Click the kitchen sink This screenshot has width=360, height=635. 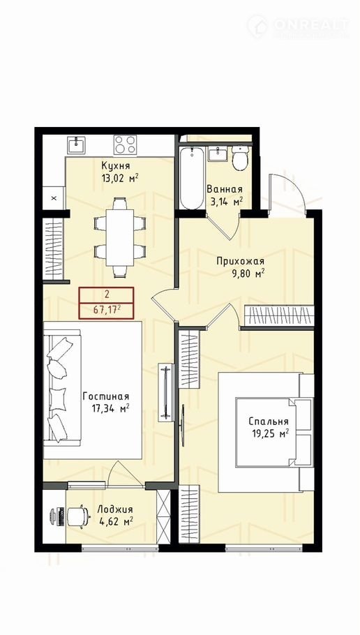(x=77, y=144)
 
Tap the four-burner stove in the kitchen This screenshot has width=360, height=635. (x=125, y=144)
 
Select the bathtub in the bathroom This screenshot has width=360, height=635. (x=192, y=178)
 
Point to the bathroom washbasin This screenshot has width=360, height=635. (x=218, y=154)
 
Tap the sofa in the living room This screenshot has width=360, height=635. (x=62, y=389)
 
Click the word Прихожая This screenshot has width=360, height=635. (x=240, y=261)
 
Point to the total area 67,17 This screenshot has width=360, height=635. (x=107, y=311)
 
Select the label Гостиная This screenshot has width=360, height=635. (x=105, y=396)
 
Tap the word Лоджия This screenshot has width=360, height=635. (x=115, y=510)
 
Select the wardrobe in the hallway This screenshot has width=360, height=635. (x=279, y=315)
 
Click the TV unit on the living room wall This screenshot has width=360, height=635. (x=166, y=392)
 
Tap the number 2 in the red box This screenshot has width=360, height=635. (x=107, y=294)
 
